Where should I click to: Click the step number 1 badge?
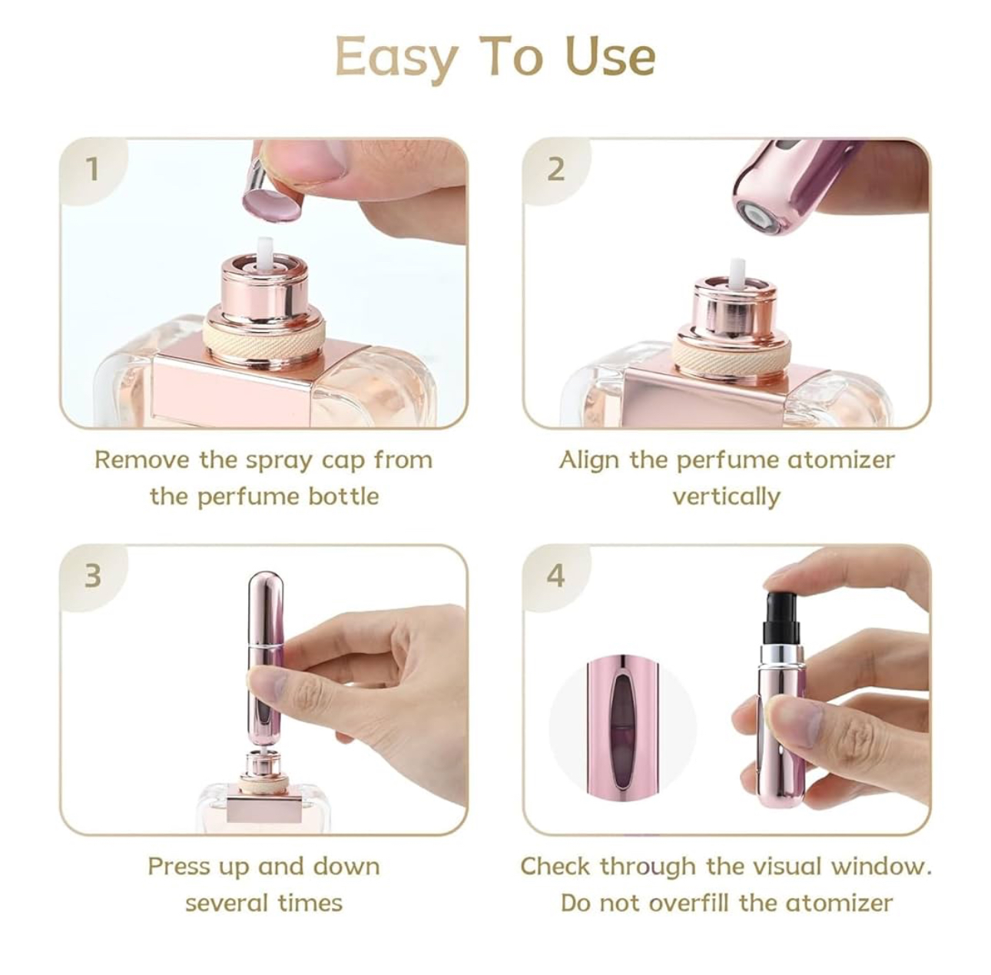pyautogui.click(x=92, y=169)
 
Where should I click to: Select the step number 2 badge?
pyautogui.click(x=555, y=169)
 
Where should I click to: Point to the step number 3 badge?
pyautogui.click(x=92, y=575)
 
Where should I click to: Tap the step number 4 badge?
pyautogui.click(x=556, y=575)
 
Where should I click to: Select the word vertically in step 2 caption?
pyautogui.click(x=726, y=497)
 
